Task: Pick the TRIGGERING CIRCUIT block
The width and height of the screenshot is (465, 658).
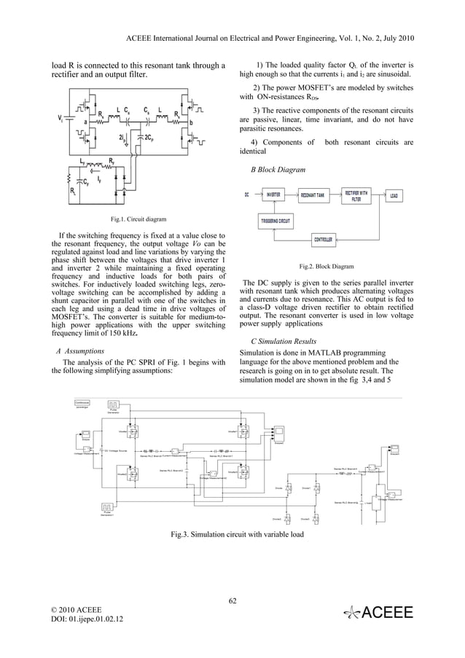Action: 276,220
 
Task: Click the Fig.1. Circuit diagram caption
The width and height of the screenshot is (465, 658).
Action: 138,219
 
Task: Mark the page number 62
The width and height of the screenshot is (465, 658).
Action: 232,601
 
